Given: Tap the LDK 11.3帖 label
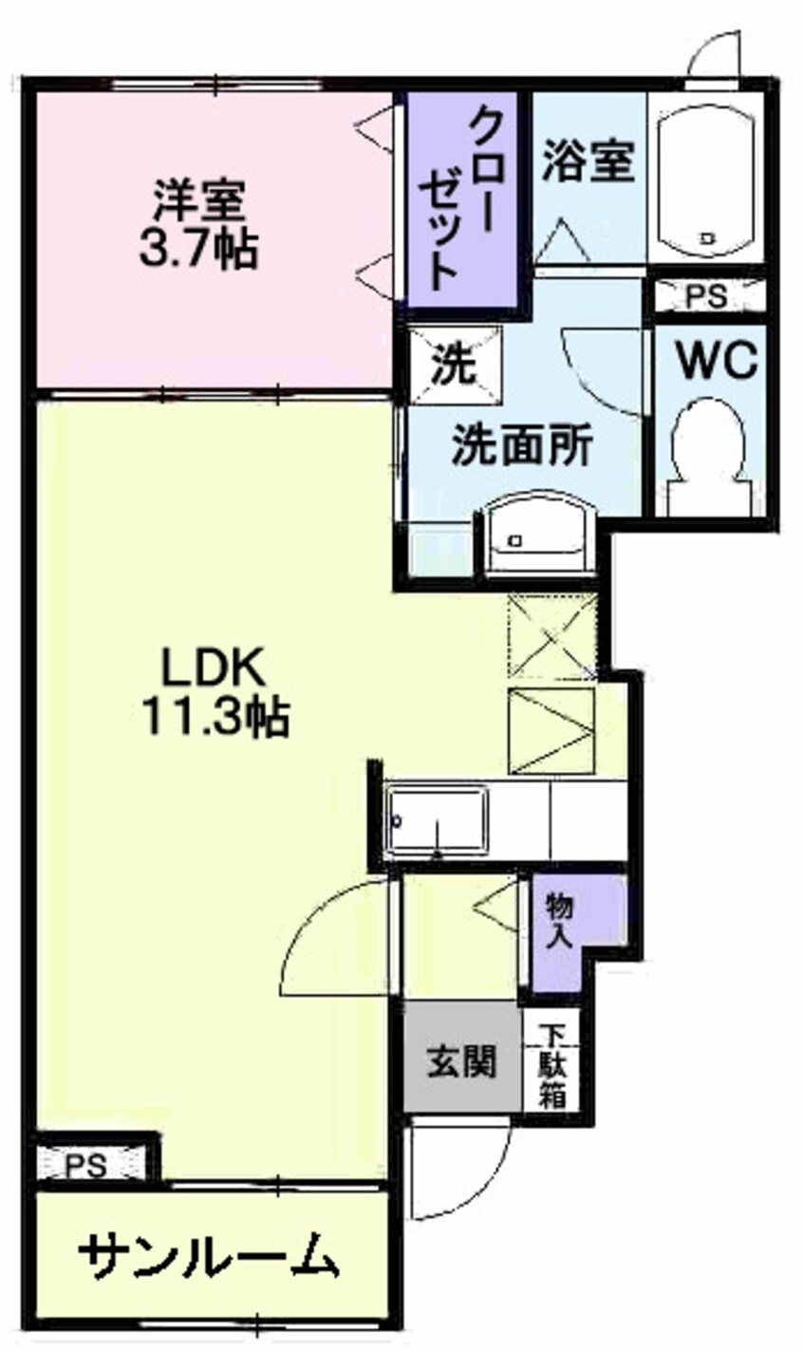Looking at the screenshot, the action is click(215, 690).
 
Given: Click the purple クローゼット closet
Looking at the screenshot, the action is click(462, 198).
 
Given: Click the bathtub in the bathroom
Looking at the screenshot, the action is click(706, 178).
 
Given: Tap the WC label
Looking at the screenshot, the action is click(717, 361).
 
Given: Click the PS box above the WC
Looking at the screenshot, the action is click(707, 296).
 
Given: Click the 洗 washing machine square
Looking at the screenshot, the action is click(456, 366).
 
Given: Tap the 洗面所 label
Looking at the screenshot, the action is click(522, 446).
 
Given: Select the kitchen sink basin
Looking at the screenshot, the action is click(439, 820).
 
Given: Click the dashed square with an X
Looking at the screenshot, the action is click(552, 635).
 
